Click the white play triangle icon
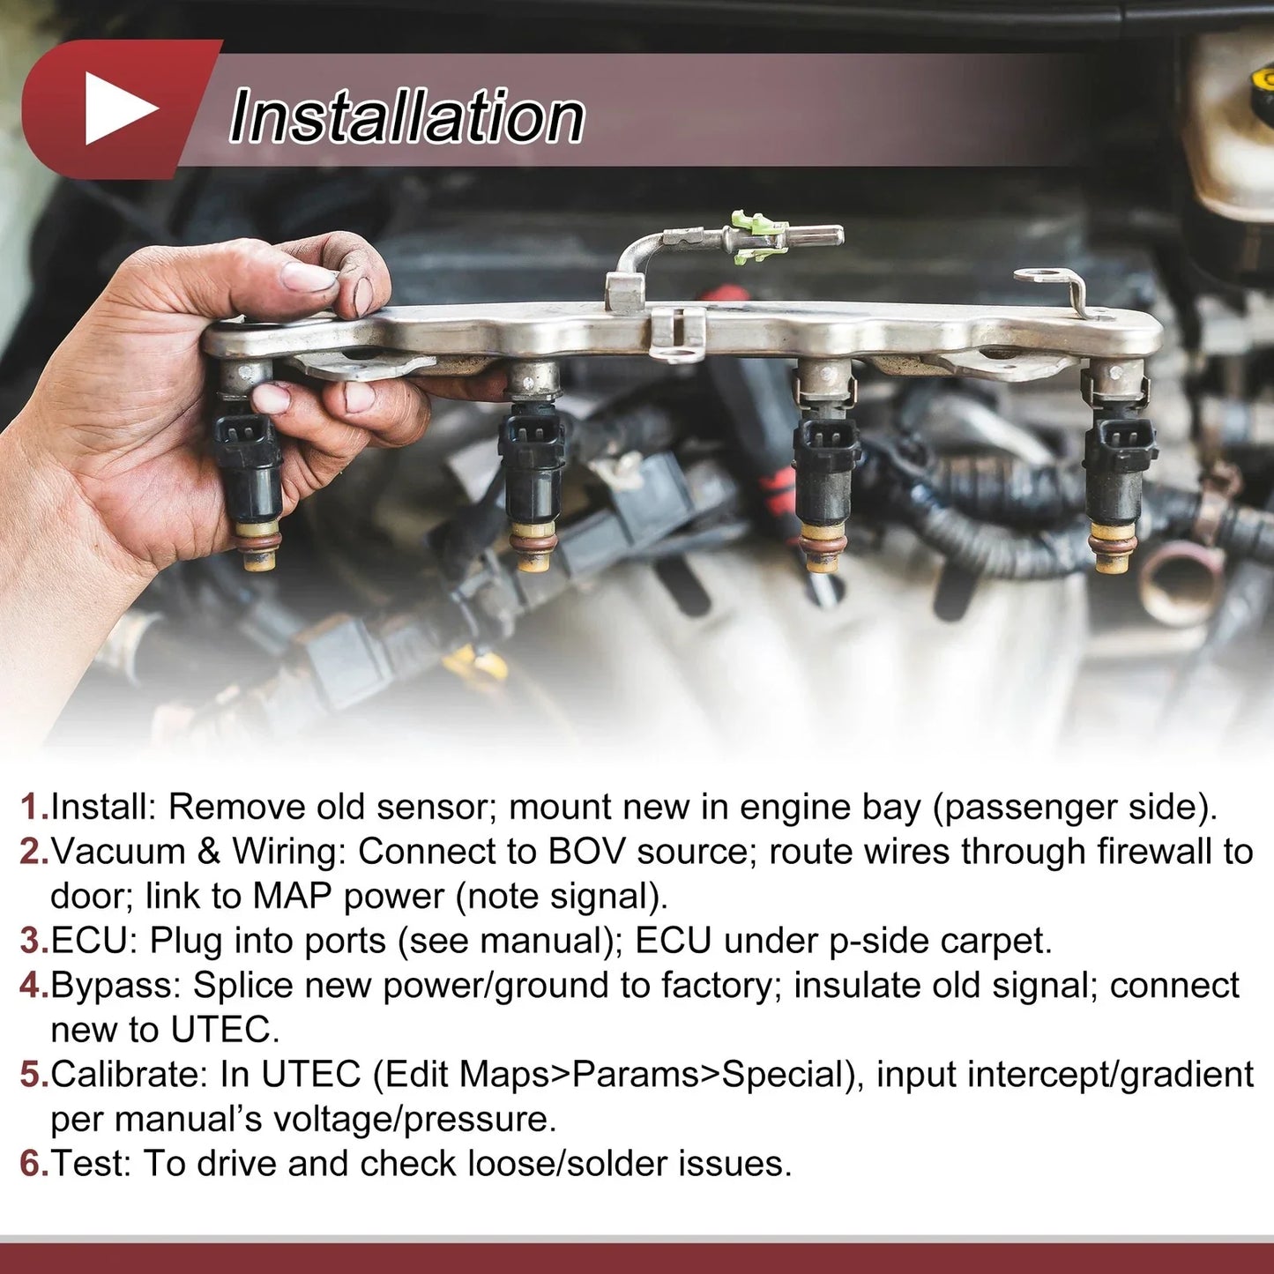[117, 108]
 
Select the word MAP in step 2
[292, 898]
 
